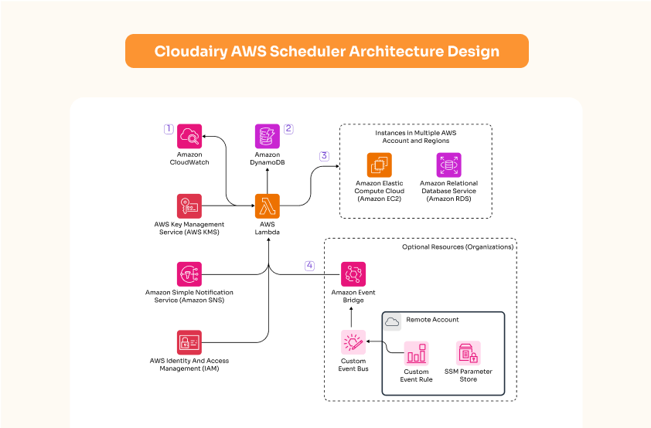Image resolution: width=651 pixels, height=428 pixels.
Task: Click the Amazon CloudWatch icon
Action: coord(189,137)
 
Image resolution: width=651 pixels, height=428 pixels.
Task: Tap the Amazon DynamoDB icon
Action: coord(268,137)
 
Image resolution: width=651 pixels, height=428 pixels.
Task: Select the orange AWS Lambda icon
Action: coord(268,206)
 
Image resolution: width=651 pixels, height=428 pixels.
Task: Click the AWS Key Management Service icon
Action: coord(189,206)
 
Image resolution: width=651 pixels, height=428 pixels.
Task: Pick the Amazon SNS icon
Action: coord(189,274)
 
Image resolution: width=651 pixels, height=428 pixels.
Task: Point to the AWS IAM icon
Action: coord(189,342)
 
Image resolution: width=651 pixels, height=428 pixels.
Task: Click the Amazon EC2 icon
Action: coord(380,165)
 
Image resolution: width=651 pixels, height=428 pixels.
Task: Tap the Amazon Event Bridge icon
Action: coord(353,274)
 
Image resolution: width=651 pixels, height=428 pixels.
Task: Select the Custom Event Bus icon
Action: coord(353,341)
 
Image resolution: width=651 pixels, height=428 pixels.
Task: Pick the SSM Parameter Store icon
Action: coord(468,354)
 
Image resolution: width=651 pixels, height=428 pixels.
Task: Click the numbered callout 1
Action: coord(168,129)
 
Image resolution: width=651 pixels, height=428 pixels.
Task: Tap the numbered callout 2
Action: coord(288,129)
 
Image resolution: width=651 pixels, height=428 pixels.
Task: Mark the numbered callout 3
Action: coord(324,156)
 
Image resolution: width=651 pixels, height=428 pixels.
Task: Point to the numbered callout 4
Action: coord(309,266)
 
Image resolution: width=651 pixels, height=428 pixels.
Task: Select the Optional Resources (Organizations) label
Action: coord(457,247)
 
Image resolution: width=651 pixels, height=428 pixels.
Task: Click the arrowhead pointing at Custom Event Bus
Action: coord(370,341)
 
